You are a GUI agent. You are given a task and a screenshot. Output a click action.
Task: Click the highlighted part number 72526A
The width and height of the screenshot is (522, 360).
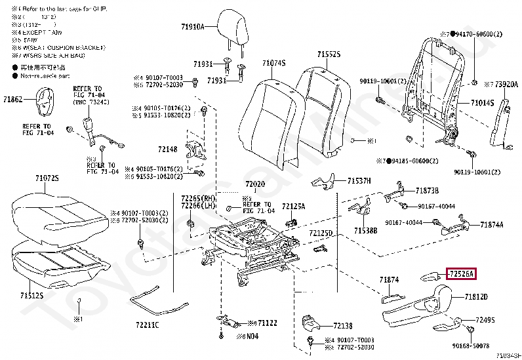tap(461, 273)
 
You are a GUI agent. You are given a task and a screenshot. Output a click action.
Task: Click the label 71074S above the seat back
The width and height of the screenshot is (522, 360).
tap(273, 63)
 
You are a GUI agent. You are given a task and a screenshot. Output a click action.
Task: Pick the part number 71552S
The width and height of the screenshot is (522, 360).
tap(329, 55)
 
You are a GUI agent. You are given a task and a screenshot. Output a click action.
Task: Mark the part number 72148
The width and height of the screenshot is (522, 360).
tap(167, 150)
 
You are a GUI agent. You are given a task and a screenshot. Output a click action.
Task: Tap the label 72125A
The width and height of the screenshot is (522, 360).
tap(293, 206)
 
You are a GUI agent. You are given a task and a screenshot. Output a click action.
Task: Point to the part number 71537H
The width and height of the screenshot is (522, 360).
tap(359, 180)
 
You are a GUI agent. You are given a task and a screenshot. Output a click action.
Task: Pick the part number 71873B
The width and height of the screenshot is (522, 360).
tap(426, 191)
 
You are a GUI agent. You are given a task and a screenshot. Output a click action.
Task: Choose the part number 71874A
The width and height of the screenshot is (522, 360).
tap(491, 225)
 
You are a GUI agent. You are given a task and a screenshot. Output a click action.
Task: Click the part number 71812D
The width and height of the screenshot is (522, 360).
tap(477, 297)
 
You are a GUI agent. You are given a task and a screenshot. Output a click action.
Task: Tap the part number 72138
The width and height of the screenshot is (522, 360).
tap(342, 326)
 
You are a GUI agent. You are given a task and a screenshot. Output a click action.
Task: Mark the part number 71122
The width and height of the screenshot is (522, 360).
tap(267, 323)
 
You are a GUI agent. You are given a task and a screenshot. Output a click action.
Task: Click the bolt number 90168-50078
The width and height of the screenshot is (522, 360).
tap(471, 344)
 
